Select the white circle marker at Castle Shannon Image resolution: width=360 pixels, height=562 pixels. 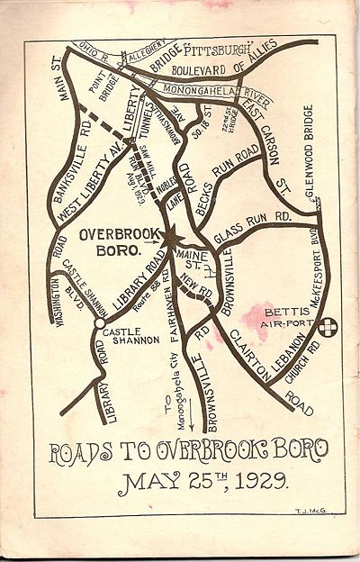(x=100, y=318)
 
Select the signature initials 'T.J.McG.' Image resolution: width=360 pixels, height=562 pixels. (x=310, y=510)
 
